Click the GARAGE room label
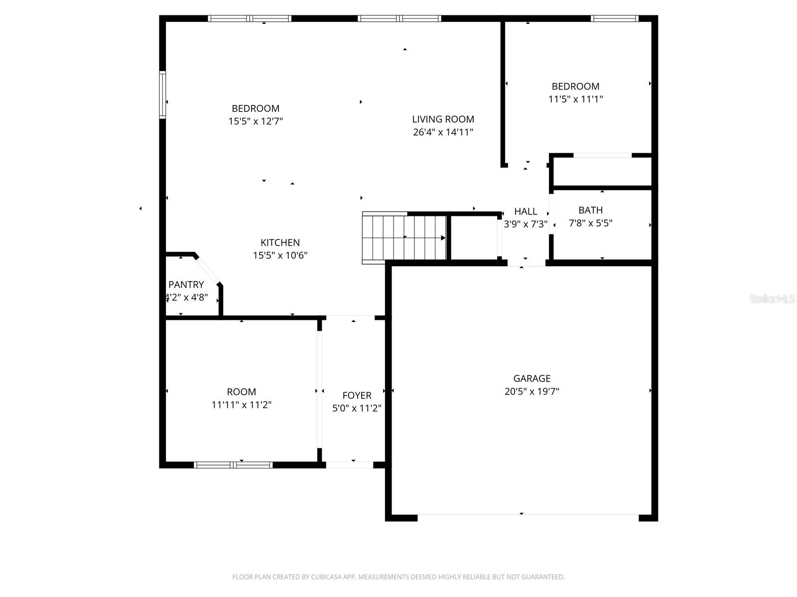click(x=531, y=379)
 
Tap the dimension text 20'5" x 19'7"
click(x=531, y=392)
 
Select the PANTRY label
click(x=186, y=285)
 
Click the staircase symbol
click(x=403, y=237)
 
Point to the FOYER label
click(x=357, y=396)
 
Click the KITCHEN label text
click(x=280, y=243)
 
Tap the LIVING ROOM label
click(x=443, y=119)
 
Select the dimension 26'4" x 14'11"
click(x=443, y=132)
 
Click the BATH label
click(x=590, y=210)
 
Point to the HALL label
click(x=526, y=211)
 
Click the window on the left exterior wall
click(x=162, y=95)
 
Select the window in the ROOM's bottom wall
click(x=233, y=465)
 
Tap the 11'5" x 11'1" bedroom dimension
click(x=575, y=99)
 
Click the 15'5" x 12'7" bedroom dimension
click(x=256, y=121)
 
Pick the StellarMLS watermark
click(x=772, y=299)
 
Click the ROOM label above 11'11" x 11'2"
click(x=241, y=392)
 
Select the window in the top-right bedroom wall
click(x=614, y=19)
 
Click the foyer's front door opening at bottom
click(x=349, y=465)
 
